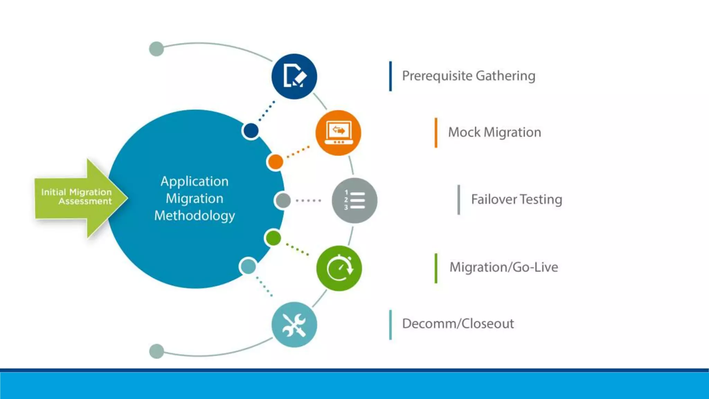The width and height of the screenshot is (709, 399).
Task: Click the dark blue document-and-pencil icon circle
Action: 294,77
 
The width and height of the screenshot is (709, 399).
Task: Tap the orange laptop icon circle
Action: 338,133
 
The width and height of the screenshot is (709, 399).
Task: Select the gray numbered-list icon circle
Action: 354,201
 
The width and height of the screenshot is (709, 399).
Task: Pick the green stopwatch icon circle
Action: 339,268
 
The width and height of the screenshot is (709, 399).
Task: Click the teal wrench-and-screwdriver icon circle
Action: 294,325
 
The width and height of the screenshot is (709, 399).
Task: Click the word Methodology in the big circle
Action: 195,215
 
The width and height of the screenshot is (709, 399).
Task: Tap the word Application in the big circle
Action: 195,181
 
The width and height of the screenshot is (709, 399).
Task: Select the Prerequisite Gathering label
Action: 468,76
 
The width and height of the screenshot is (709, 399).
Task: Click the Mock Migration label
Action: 494,132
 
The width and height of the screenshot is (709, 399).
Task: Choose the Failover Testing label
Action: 516,199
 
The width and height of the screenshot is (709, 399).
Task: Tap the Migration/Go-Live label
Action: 503,267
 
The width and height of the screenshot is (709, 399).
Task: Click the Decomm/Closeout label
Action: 458,323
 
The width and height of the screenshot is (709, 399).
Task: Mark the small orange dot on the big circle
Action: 275,162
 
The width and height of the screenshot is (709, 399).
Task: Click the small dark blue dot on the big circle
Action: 251,131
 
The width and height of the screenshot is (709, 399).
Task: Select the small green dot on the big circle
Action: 273,238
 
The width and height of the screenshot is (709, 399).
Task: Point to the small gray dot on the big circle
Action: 283,201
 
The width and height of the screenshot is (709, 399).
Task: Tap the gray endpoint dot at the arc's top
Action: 156,49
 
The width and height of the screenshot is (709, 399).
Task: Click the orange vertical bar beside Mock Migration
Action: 436,133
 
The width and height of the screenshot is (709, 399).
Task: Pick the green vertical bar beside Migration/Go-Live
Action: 436,268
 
